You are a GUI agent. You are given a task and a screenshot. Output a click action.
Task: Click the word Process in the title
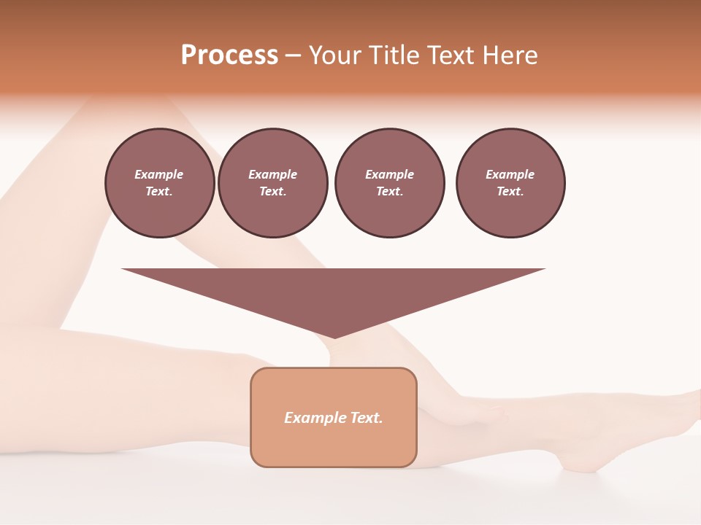[x=229, y=55]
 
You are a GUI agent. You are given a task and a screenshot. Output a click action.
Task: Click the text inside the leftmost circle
[x=159, y=182]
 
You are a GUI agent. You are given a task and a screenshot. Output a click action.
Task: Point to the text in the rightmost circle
[x=510, y=182]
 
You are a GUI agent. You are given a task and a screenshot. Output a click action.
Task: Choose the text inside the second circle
[x=272, y=182]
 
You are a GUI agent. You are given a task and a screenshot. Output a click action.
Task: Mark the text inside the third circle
[x=389, y=182]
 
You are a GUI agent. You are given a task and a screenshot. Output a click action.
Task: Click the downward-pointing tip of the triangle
[x=334, y=336]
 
